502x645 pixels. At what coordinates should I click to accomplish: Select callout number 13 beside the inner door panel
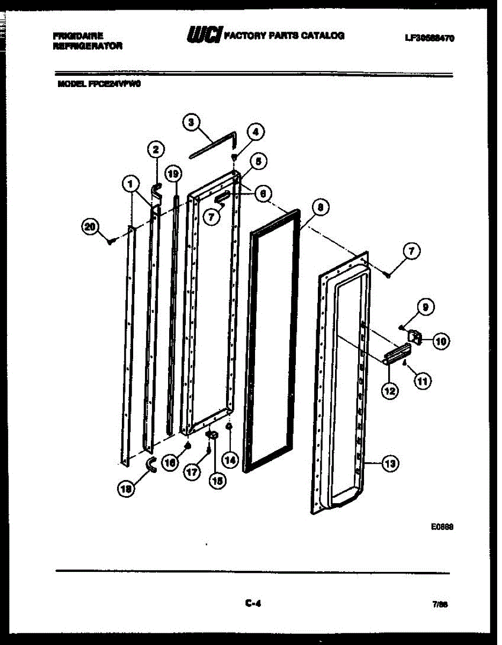click(390, 462)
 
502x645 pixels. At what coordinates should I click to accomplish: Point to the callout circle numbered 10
click(441, 340)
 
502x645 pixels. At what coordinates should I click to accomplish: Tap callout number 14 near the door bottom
click(230, 460)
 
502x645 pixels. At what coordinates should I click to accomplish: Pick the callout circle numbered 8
click(320, 207)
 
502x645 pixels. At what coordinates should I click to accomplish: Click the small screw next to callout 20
click(111, 242)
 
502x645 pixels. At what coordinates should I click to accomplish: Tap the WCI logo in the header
click(203, 35)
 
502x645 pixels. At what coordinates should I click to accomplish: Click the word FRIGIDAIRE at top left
click(78, 37)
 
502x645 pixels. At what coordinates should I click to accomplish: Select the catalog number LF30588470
click(429, 38)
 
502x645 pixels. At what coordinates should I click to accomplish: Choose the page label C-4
click(252, 604)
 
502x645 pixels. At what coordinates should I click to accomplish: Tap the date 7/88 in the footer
click(439, 604)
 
